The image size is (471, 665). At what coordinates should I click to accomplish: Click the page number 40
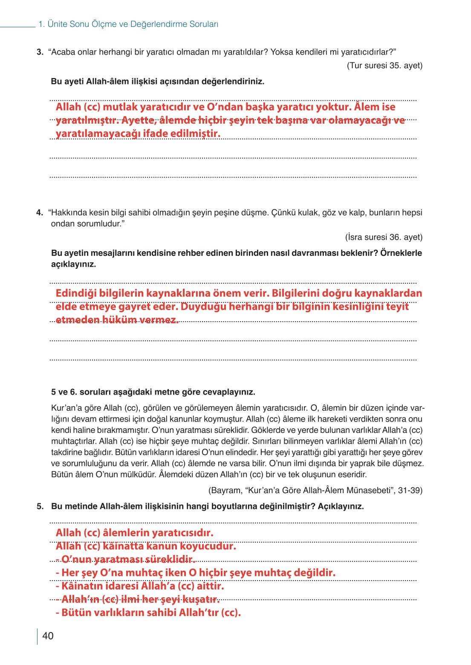click(x=48, y=636)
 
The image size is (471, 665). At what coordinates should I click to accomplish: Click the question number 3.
click(x=40, y=52)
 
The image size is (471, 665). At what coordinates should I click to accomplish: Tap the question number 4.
click(x=40, y=212)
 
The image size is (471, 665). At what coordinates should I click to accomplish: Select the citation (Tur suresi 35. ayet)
click(x=384, y=66)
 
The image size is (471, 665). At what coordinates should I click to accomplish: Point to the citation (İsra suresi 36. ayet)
click(x=384, y=237)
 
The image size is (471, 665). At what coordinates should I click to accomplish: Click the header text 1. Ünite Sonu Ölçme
click(x=128, y=24)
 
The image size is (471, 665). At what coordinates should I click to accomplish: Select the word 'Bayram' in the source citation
click(x=224, y=491)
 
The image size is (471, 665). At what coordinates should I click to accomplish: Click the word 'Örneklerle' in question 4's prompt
click(x=401, y=253)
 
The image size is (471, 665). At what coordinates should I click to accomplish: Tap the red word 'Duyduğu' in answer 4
click(x=203, y=307)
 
